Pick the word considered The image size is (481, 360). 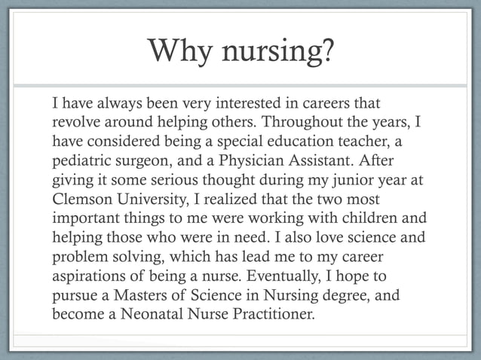coord(117,141)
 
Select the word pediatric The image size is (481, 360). coord(81,160)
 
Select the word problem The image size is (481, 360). coord(80,258)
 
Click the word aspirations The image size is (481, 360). coord(87,278)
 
